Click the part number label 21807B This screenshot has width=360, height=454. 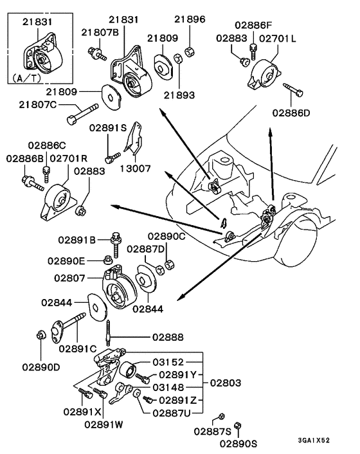coord(100,32)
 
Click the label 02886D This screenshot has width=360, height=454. coord(291,113)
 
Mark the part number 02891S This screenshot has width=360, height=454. coord(107,128)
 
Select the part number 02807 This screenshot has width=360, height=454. coord(71,278)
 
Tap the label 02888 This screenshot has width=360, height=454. coord(168,336)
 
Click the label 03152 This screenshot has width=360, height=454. coord(168,363)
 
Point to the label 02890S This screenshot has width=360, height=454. coord(238,443)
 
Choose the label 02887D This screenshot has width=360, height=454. coord(145,249)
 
